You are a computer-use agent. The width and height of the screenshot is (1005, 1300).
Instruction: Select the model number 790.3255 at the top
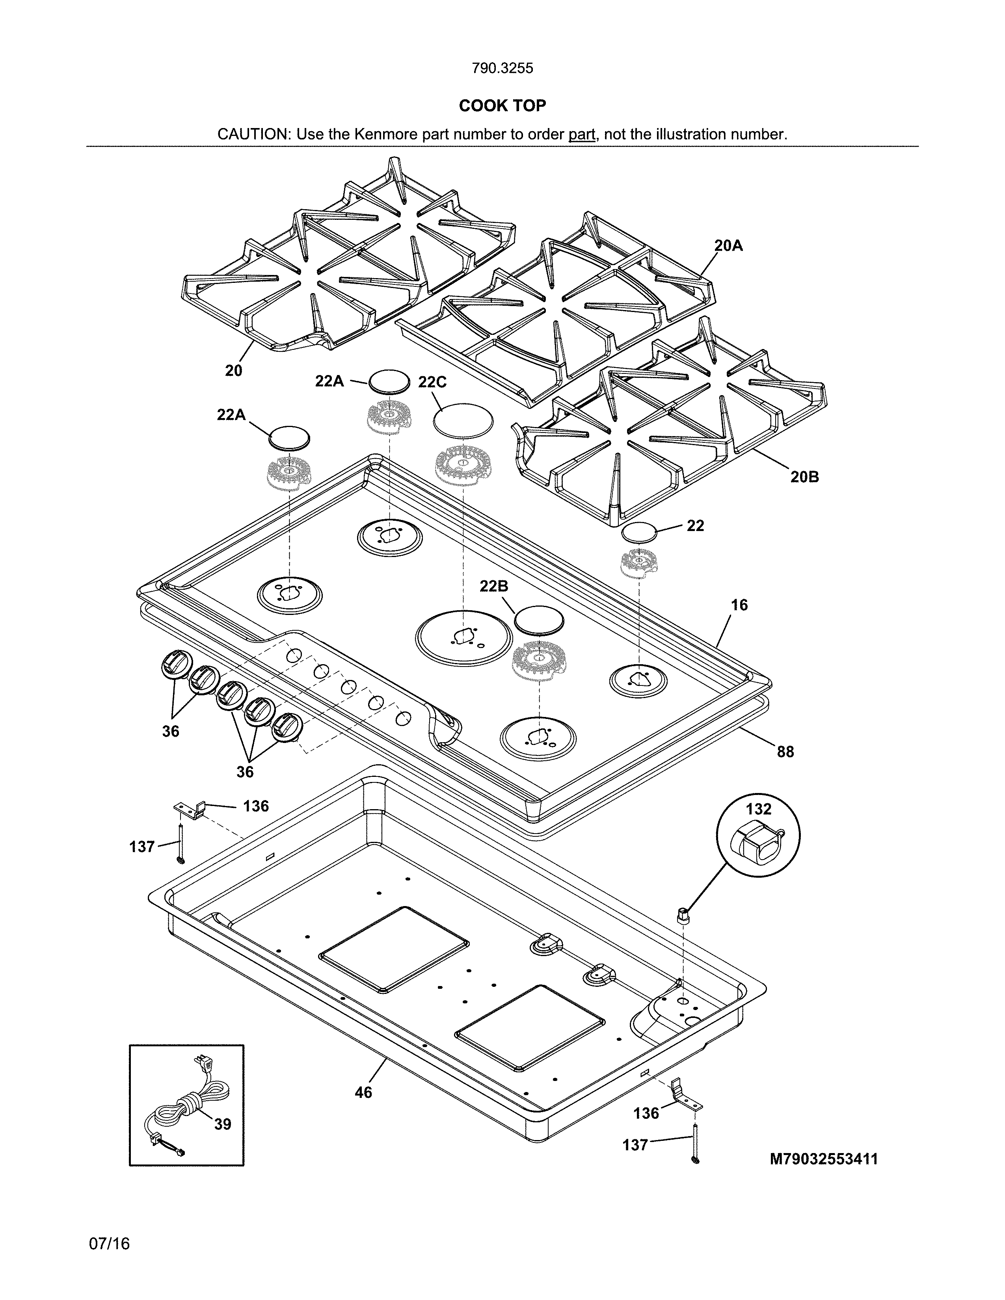[x=502, y=69]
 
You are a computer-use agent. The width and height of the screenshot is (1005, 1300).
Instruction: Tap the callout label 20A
[x=729, y=245]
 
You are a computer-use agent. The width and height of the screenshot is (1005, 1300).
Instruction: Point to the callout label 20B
[x=804, y=476]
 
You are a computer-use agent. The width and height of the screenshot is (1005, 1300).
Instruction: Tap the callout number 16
[x=739, y=605]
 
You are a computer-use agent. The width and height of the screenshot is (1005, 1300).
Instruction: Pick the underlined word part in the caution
[x=582, y=134]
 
